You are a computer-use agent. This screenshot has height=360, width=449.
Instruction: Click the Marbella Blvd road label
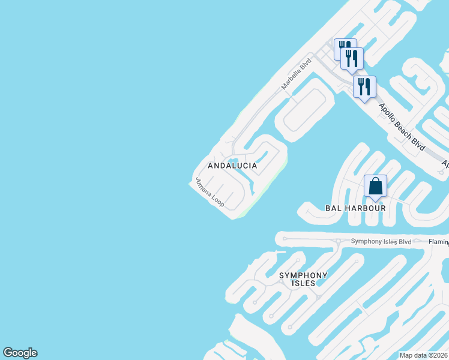[x=297, y=74]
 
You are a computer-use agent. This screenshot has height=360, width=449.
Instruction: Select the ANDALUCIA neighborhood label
[x=232, y=166]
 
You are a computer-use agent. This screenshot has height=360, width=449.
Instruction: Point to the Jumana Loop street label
[x=209, y=193]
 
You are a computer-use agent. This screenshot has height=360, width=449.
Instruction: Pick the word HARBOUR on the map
[x=365, y=208]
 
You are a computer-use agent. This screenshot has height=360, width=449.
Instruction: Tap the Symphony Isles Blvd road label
[x=382, y=242]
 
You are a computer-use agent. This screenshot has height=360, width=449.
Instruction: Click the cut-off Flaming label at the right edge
[x=439, y=242]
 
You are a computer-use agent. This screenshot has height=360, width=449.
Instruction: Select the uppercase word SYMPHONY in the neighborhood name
[x=303, y=275]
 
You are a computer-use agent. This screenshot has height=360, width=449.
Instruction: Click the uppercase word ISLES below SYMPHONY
[x=303, y=283]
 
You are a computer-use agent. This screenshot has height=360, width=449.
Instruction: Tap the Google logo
[x=20, y=353]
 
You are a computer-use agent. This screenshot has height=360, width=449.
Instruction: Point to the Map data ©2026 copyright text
[x=423, y=355]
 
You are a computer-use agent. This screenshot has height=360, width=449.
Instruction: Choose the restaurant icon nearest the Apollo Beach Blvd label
[x=364, y=86]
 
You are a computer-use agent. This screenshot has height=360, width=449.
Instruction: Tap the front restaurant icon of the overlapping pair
[x=352, y=58]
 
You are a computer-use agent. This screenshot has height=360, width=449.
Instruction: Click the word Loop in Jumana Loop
[x=218, y=200]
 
